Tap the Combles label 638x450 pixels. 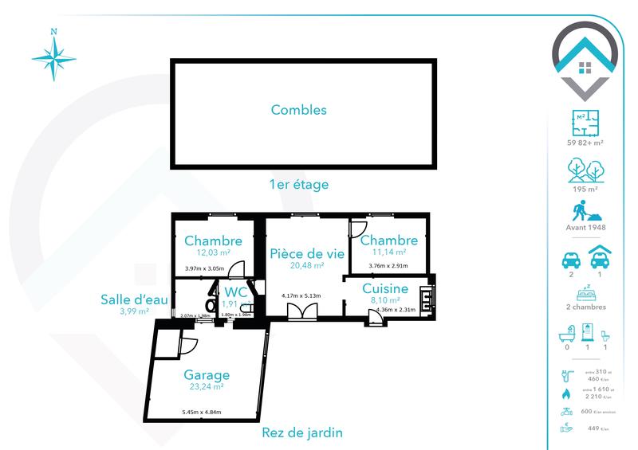[x=298, y=111]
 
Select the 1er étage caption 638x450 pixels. [x=299, y=184]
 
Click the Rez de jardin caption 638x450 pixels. [x=302, y=433]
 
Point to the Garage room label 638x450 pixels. [x=207, y=374]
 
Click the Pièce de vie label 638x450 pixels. [x=307, y=253]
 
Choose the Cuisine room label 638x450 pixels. [x=385, y=288]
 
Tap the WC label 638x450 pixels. [x=236, y=292]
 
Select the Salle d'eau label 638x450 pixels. [x=134, y=299]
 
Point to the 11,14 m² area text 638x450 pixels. [x=388, y=252]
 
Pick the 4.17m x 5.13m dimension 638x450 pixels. [x=301, y=296]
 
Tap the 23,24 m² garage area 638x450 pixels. [x=206, y=387]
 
